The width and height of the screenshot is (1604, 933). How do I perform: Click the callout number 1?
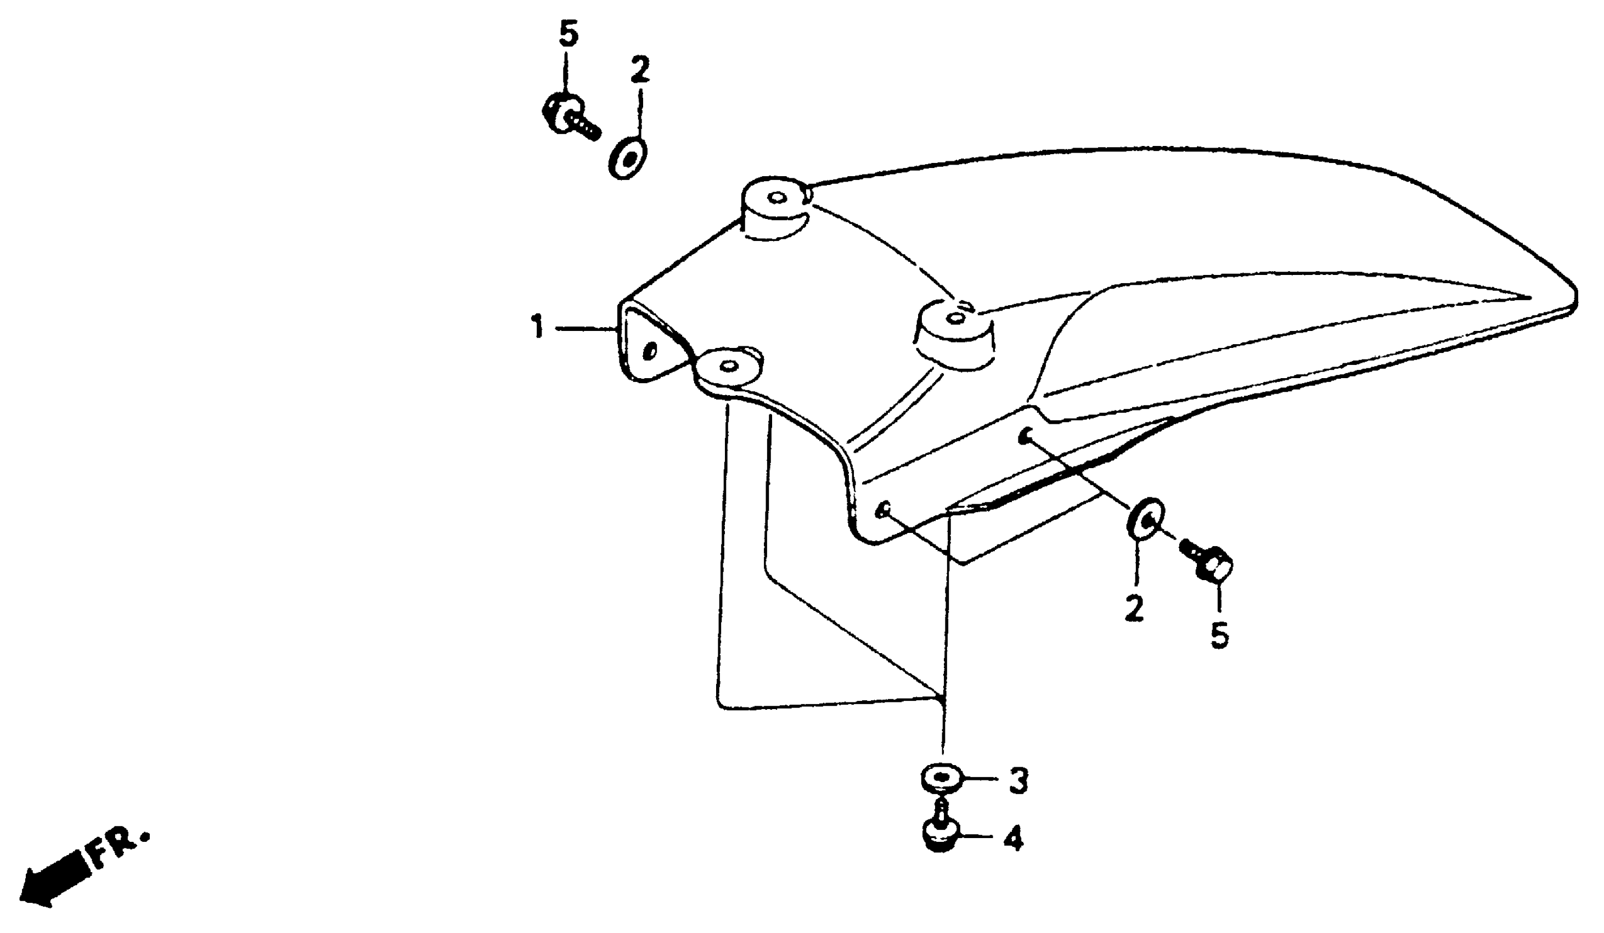pyautogui.click(x=538, y=328)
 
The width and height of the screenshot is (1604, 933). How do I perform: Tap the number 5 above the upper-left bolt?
pyautogui.click(x=569, y=35)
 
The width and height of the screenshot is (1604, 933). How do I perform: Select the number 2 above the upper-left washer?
pyautogui.click(x=640, y=70)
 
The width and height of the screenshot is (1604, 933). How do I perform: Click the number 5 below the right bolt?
pyautogui.click(x=1219, y=635)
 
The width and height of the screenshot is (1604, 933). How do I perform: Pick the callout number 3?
pyautogui.click(x=1018, y=781)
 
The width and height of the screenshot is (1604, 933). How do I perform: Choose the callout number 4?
pyautogui.click(x=1014, y=839)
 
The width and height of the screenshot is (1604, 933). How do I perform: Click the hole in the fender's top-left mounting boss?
pyautogui.click(x=776, y=198)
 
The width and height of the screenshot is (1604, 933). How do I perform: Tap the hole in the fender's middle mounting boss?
pyautogui.click(x=955, y=318)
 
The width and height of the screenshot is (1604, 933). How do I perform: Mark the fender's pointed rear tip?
pyautogui.click(x=1575, y=299)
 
